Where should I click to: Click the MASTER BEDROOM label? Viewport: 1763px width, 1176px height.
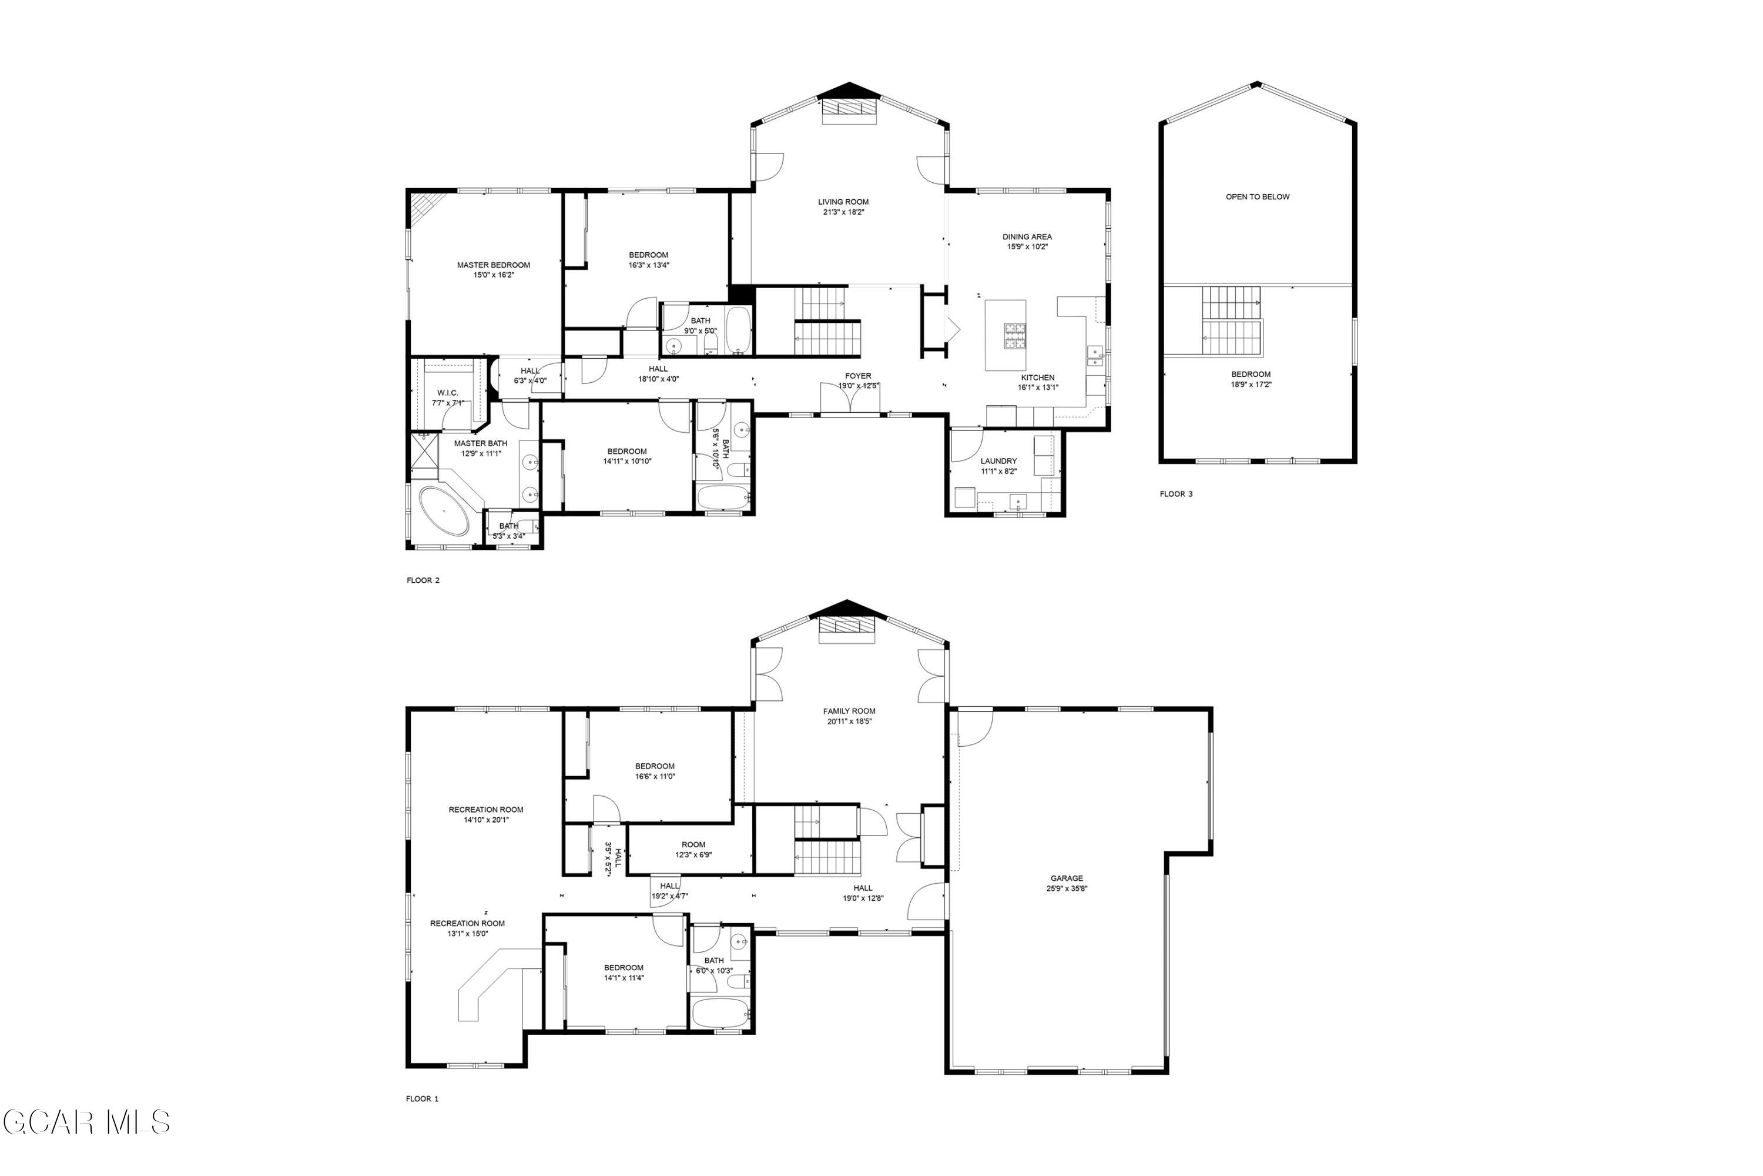[493, 265]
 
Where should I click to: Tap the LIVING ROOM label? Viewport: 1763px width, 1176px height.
[843, 202]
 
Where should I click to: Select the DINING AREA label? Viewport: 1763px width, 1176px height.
[1027, 237]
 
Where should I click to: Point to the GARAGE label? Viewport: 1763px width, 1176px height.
[1066, 878]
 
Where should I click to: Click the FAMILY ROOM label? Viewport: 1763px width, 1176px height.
[849, 711]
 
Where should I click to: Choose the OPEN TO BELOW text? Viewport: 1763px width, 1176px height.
[1257, 197]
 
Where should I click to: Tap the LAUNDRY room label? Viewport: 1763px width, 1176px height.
[998, 461]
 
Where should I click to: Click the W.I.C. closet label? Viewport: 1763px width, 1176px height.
[447, 393]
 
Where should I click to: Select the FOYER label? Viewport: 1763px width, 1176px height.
[858, 376]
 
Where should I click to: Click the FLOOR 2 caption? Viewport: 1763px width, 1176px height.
[423, 580]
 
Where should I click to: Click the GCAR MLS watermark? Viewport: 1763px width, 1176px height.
[86, 1122]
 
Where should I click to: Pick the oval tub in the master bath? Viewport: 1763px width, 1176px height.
[443, 511]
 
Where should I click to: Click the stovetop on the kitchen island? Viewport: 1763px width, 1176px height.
[1015, 336]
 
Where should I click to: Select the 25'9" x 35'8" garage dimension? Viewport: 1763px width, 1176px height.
[1067, 888]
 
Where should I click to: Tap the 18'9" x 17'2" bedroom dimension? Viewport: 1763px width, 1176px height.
[1251, 385]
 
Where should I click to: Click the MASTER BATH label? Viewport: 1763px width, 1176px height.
[481, 443]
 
